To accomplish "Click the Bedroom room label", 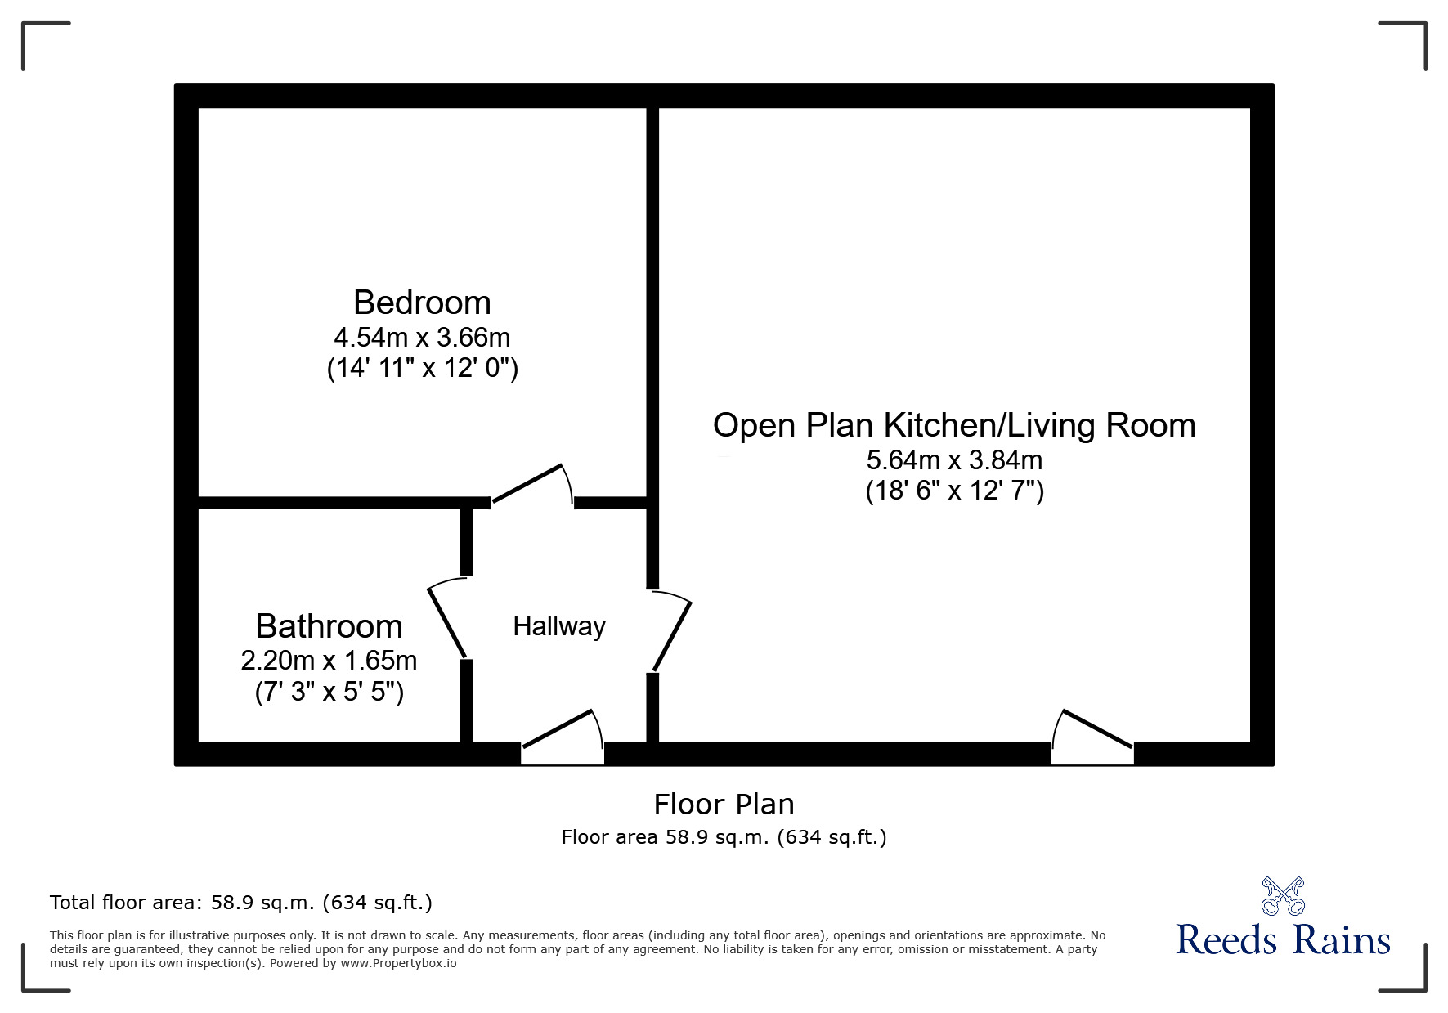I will (422, 303).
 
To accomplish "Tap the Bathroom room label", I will (329, 626).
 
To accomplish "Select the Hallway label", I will (559, 626).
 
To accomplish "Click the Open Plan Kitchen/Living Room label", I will (954, 425).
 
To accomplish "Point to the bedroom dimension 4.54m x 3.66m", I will (422, 337).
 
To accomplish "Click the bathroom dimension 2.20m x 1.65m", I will (329, 660).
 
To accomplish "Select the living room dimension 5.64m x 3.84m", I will (954, 459).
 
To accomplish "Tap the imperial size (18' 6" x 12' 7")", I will (954, 491).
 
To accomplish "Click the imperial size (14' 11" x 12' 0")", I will (422, 368).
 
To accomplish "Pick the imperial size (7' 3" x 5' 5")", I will (329, 693).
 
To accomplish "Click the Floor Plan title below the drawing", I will (724, 805).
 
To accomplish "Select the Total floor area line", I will (241, 903).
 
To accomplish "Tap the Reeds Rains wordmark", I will (1283, 940).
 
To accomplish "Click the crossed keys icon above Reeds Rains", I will (1283, 895).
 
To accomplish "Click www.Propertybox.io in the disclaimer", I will (398, 963).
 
